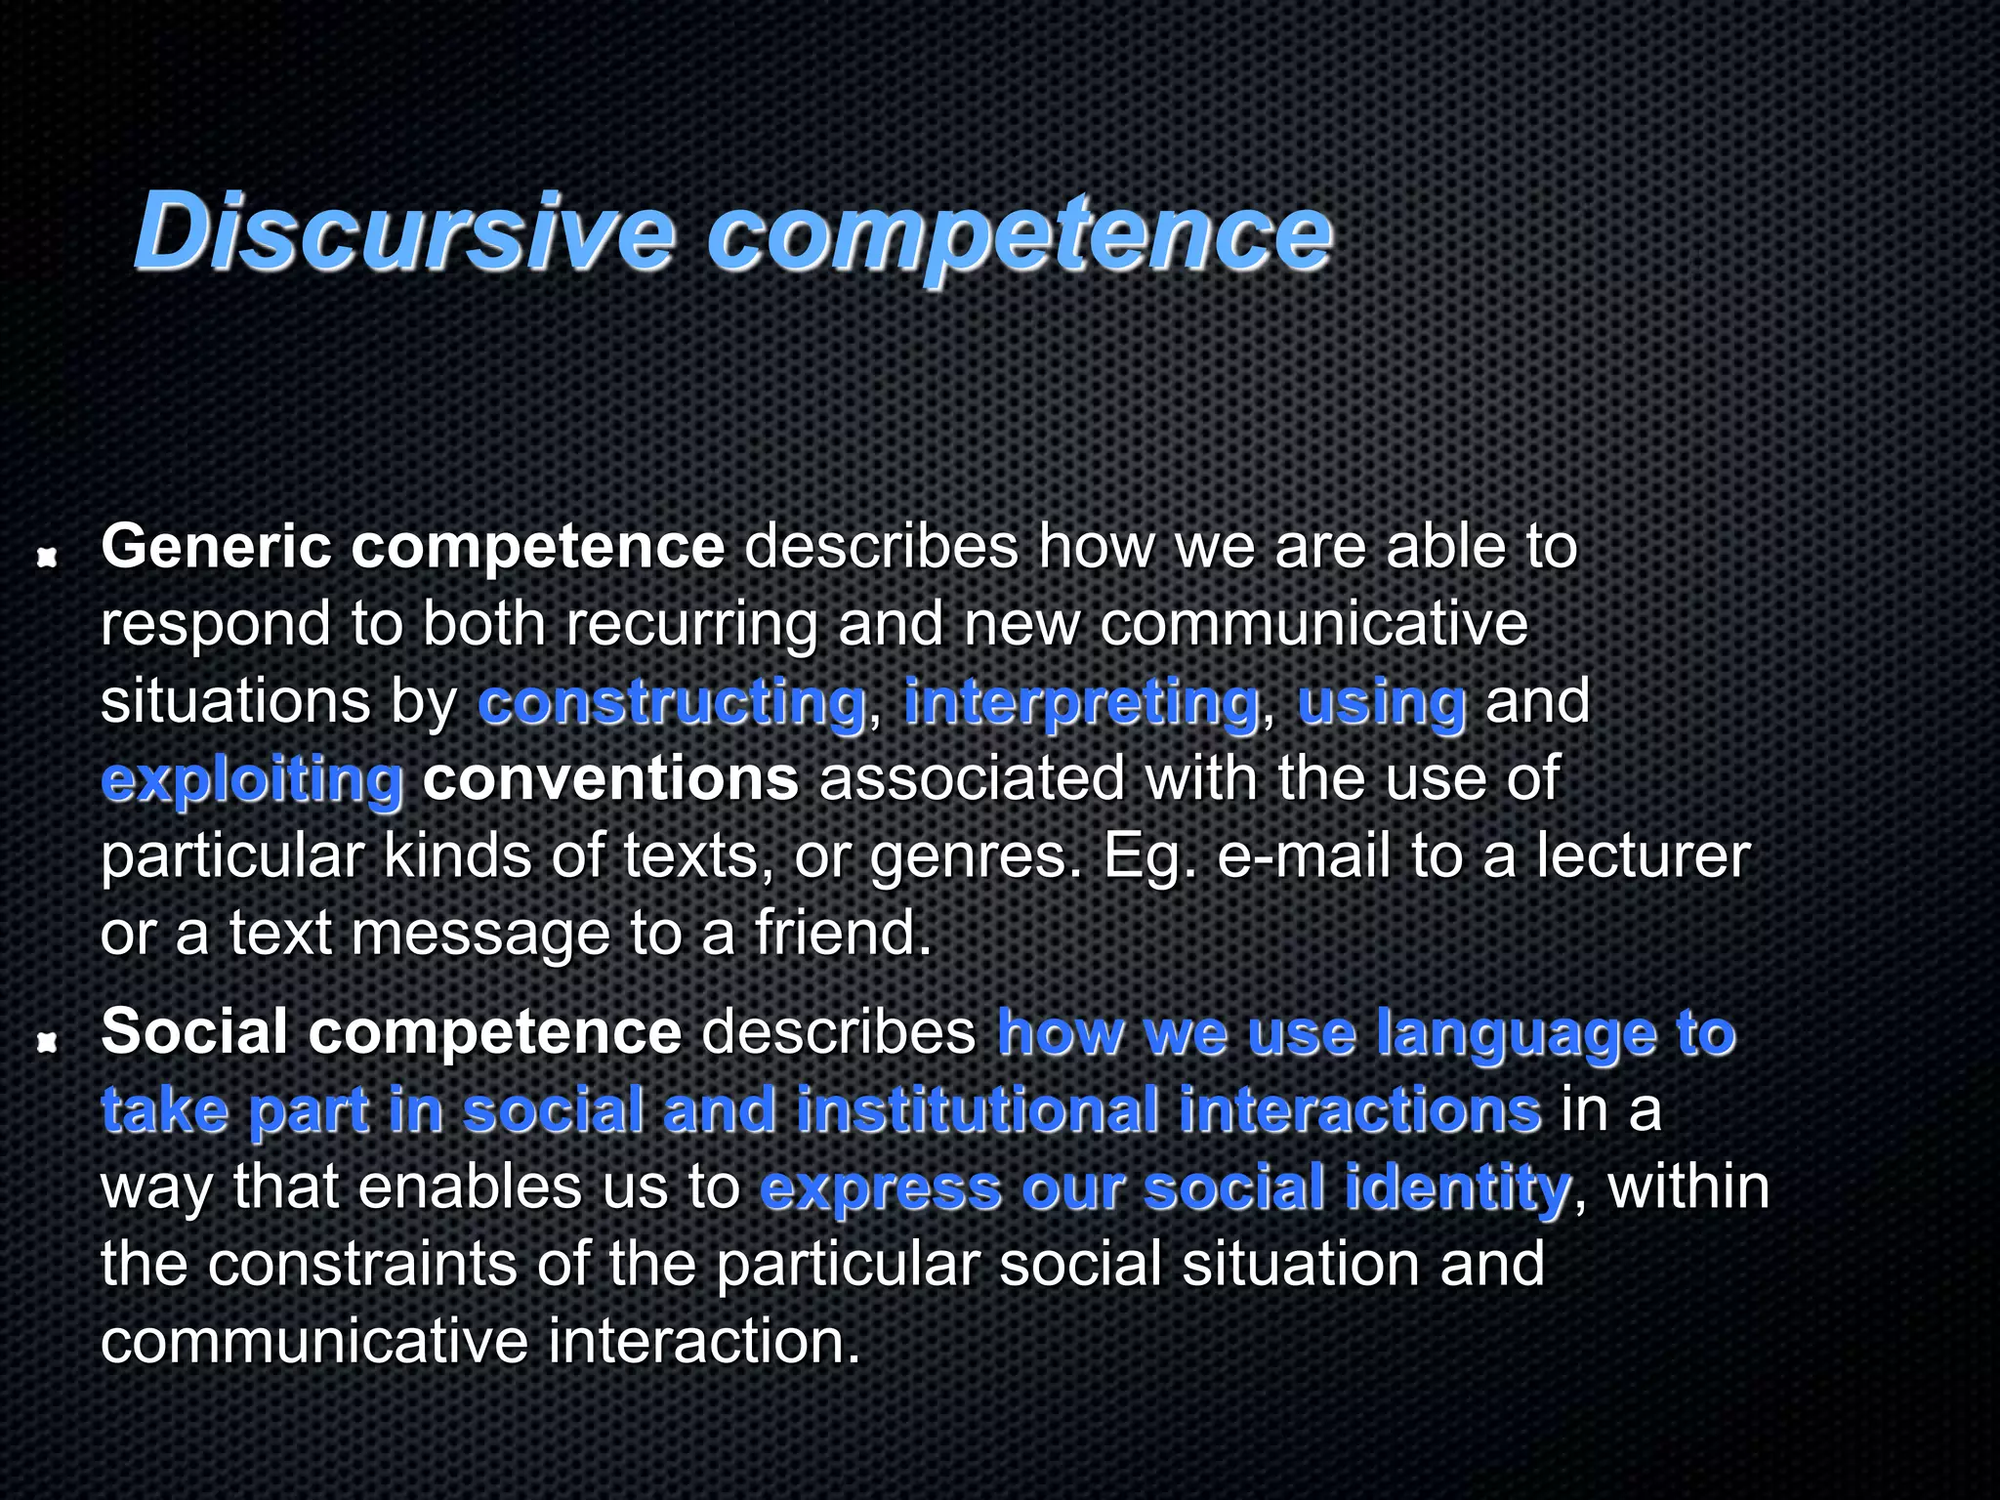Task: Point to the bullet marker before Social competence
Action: (45, 1044)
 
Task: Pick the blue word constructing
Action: (672, 703)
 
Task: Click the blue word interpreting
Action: (1082, 703)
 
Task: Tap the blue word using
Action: (1382, 703)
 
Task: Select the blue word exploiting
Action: (252, 780)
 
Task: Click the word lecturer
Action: (1643, 856)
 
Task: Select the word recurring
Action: (691, 625)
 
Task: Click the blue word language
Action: (1516, 1034)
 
